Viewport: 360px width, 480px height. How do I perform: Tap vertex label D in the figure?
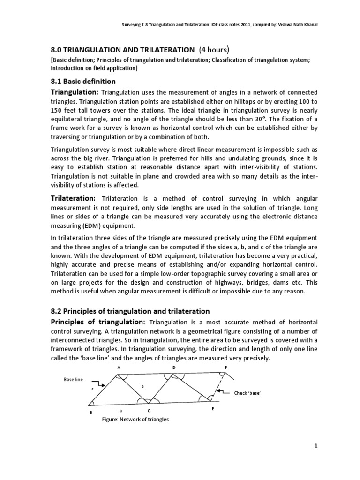click(x=174, y=368)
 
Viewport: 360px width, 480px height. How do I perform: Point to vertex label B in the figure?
click(x=90, y=412)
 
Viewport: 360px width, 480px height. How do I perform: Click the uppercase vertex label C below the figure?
click(x=149, y=410)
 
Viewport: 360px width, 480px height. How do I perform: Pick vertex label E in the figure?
click(x=212, y=409)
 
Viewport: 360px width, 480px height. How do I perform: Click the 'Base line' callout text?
click(x=73, y=379)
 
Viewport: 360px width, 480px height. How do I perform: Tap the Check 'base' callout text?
click(x=247, y=393)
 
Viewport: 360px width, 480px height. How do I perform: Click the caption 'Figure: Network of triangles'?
click(x=135, y=420)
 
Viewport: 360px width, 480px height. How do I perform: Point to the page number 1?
click(x=316, y=446)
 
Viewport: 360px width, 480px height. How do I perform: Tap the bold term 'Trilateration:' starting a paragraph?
click(x=74, y=199)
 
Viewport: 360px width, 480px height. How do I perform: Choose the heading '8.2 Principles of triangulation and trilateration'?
click(x=130, y=311)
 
